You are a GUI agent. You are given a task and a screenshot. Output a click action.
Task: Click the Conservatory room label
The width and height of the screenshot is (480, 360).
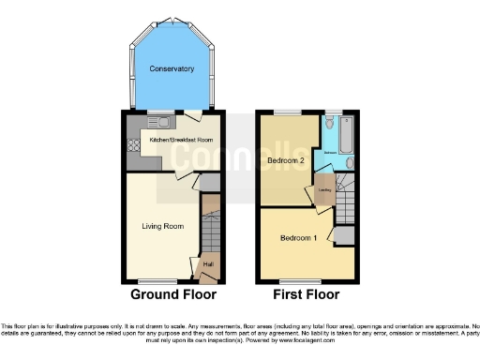point(172,69)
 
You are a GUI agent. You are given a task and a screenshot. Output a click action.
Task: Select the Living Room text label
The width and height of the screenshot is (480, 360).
point(162,226)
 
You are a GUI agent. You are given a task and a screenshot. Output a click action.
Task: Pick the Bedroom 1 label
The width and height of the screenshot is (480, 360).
point(297,237)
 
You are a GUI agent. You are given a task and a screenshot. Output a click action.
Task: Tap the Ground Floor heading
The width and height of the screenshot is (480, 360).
point(173,294)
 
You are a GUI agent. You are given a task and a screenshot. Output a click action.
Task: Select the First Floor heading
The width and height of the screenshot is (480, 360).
point(307,294)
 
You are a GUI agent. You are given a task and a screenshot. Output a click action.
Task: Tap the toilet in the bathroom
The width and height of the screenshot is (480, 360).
point(330,125)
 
